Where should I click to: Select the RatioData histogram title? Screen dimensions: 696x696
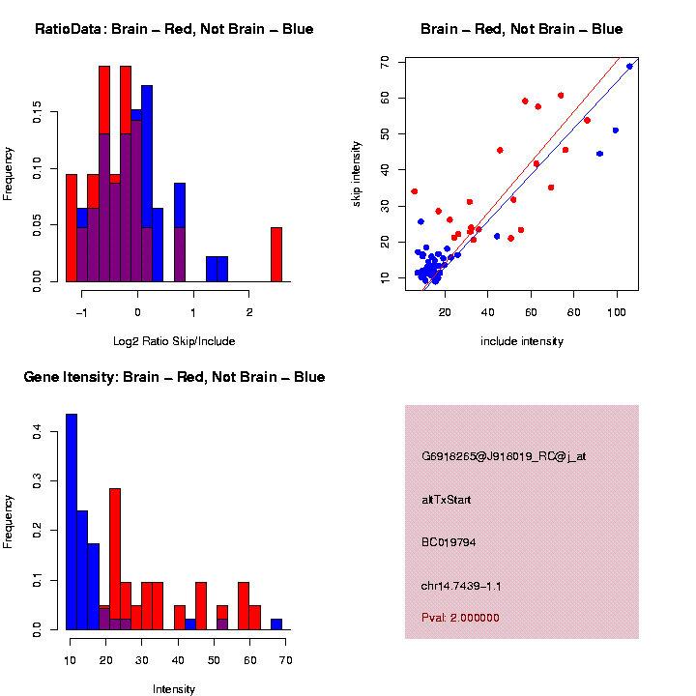[x=174, y=29]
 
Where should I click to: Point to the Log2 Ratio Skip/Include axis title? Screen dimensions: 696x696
[x=174, y=341]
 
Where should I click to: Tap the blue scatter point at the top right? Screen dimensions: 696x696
[x=629, y=66]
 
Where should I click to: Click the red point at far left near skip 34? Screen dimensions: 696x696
[x=415, y=191]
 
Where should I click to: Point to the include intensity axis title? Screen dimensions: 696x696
[x=522, y=341]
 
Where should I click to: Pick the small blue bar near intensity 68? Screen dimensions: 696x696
[x=276, y=624]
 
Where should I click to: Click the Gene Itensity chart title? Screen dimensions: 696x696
[x=174, y=377]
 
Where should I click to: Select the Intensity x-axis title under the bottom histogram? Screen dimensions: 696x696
[x=174, y=689]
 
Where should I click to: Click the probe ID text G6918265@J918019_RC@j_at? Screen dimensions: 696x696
[x=504, y=456]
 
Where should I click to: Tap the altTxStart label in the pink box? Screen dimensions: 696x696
[x=447, y=500]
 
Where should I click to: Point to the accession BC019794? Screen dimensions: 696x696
[x=448, y=542]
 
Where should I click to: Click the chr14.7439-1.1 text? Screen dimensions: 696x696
[x=461, y=586]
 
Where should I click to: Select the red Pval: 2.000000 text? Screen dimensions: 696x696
[x=460, y=617]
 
